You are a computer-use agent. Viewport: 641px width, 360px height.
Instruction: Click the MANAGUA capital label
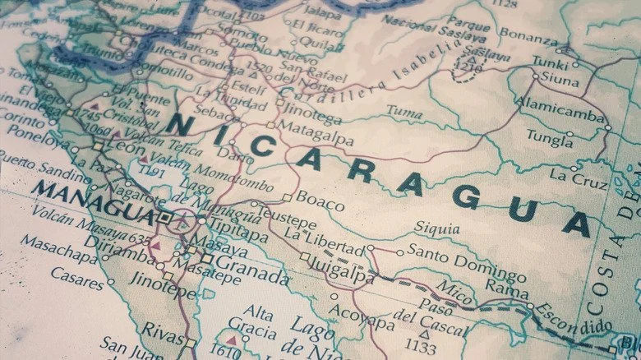[x=92, y=202]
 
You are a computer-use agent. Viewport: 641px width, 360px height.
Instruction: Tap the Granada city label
[x=253, y=271]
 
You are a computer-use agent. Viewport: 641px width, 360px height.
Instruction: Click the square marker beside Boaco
[x=287, y=197]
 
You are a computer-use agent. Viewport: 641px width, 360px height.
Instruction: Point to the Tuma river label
[x=404, y=109]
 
